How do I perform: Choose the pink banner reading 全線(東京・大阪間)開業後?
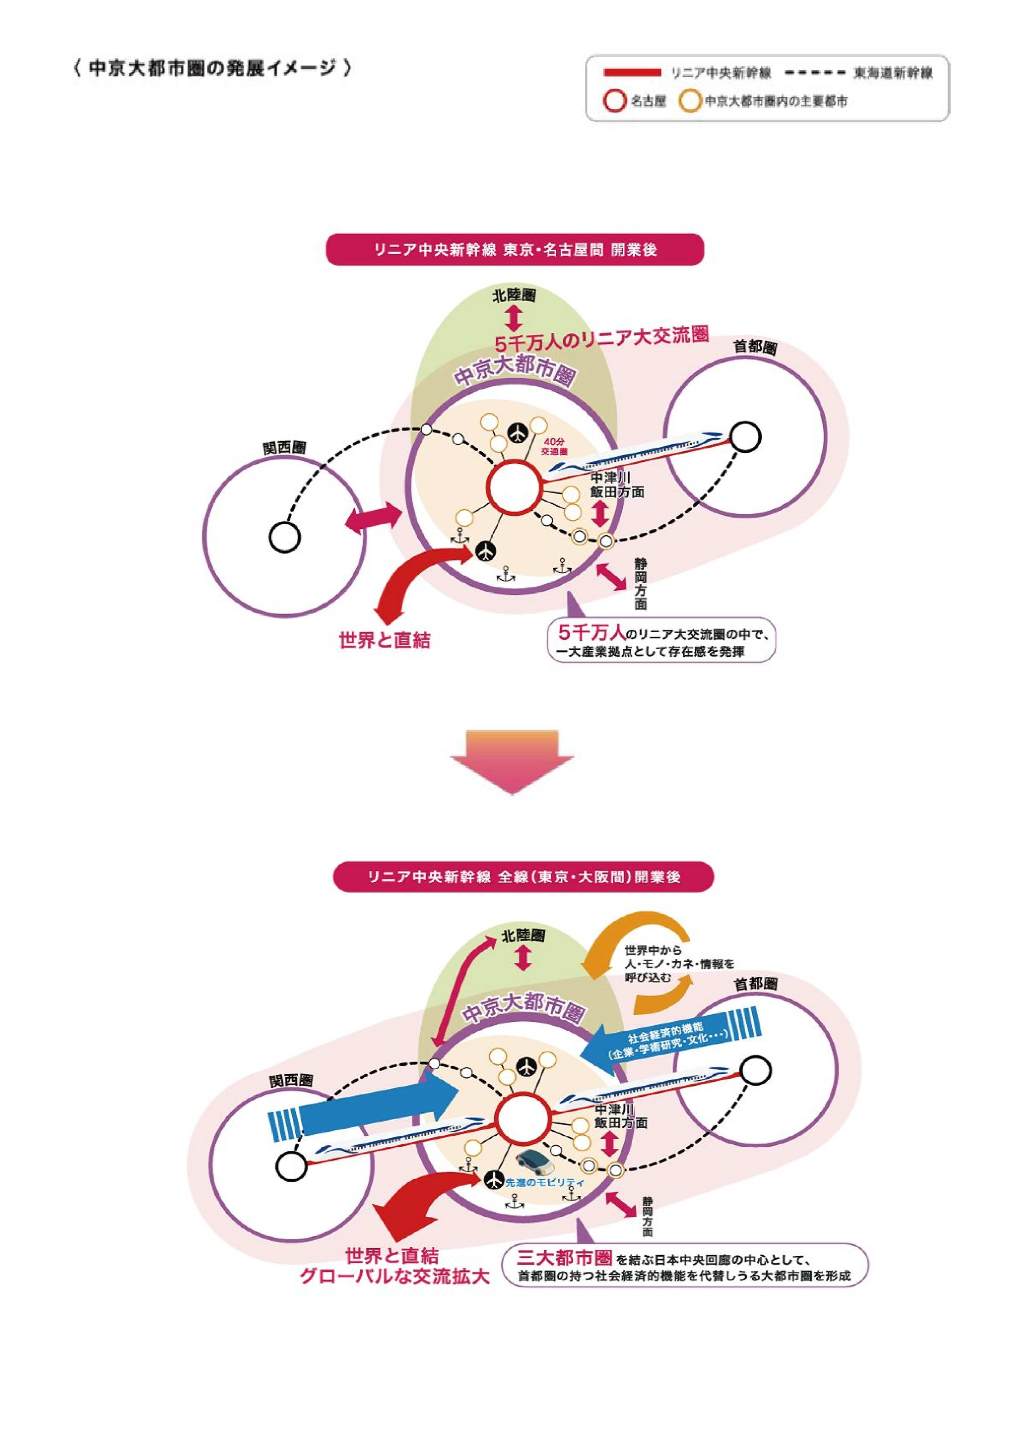[x=523, y=877]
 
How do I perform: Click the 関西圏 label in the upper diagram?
[x=285, y=448]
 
